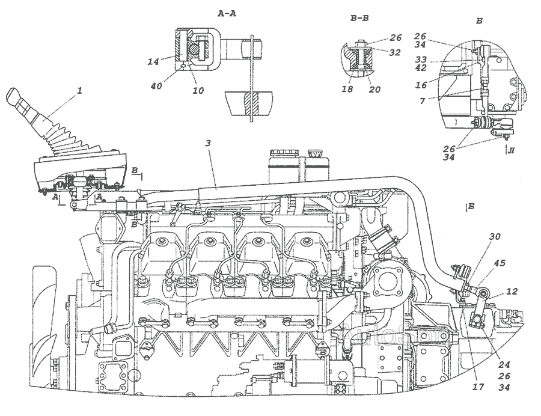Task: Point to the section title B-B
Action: tap(359, 19)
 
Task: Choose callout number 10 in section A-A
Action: tap(198, 91)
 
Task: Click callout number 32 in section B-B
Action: tap(394, 52)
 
